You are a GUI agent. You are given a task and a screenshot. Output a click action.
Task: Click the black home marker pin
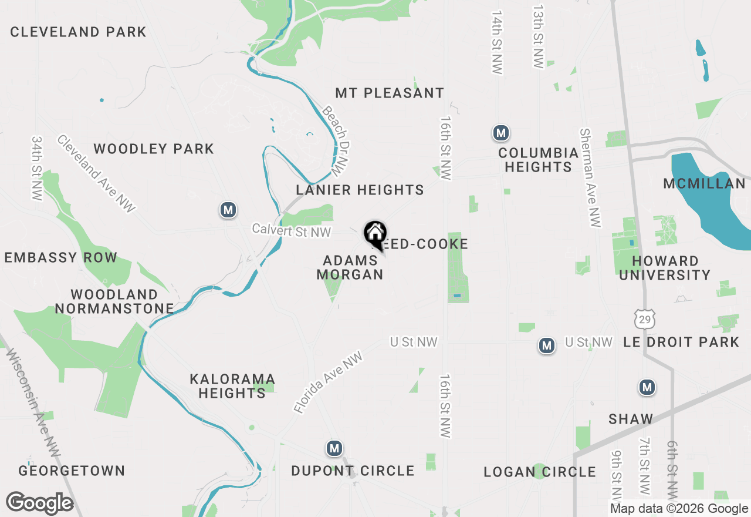(375, 234)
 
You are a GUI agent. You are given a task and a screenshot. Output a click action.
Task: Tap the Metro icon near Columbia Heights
(500, 133)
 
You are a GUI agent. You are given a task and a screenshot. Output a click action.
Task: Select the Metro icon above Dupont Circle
(334, 449)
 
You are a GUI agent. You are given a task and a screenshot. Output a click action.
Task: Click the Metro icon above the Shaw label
(647, 387)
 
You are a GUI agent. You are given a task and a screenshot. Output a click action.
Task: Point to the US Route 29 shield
(644, 319)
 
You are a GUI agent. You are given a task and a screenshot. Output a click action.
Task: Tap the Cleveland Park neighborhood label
(78, 32)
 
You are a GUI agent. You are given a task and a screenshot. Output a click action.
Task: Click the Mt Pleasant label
(390, 93)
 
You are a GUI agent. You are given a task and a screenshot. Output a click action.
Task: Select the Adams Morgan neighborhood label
(350, 267)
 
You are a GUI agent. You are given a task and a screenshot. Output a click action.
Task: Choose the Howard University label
(665, 268)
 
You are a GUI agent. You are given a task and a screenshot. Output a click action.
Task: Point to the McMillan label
(704, 184)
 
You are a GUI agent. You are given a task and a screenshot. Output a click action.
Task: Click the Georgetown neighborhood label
(72, 471)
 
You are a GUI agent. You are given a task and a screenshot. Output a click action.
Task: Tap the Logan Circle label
(540, 472)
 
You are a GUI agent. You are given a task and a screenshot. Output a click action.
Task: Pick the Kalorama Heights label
(232, 386)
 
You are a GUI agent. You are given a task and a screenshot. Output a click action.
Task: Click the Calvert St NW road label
(292, 231)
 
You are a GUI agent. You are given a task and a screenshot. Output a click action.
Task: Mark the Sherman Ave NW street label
(590, 177)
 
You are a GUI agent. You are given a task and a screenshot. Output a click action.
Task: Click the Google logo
(40, 503)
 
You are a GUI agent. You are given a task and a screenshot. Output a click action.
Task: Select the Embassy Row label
(61, 257)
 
